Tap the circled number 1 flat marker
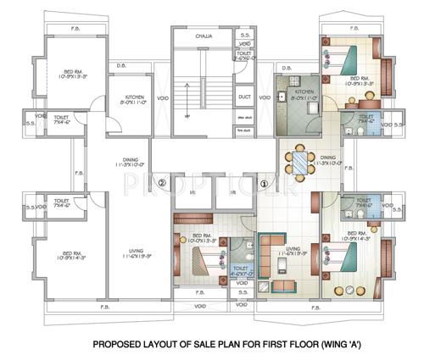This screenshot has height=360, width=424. (263, 183)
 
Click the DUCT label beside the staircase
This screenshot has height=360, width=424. (244, 97)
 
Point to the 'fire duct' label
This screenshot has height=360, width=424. (244, 130)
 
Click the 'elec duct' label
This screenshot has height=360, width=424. (244, 116)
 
